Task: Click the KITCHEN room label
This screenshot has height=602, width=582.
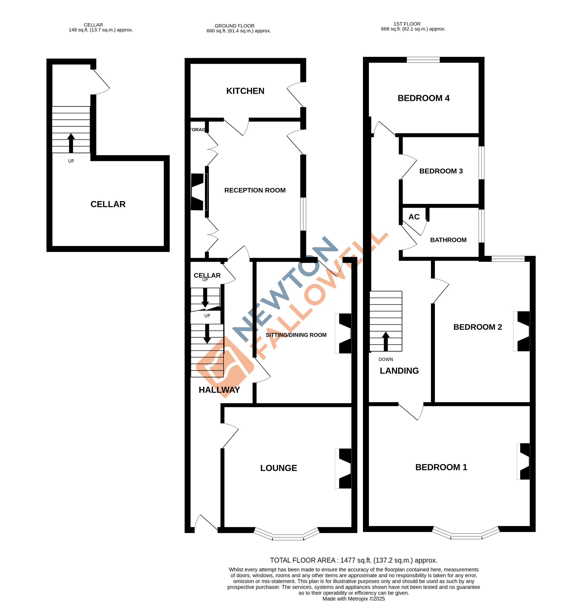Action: [x=245, y=91]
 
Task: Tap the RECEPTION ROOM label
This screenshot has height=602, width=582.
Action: [x=255, y=190]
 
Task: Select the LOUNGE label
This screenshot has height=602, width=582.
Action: [x=278, y=468]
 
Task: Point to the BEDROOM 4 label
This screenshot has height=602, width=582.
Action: [x=423, y=98]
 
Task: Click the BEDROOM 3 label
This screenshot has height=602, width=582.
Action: [x=441, y=171]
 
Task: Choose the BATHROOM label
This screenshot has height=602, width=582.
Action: [x=448, y=240]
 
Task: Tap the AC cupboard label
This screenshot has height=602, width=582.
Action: [x=414, y=217]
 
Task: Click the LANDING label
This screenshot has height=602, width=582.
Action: [x=399, y=371]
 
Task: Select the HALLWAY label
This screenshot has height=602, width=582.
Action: [x=219, y=390]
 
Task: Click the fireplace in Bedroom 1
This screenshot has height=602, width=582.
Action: [x=524, y=461]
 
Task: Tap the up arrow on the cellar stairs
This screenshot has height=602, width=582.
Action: [x=71, y=143]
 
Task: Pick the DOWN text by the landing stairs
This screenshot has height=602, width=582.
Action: [x=386, y=359]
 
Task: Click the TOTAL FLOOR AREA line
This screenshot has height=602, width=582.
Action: [x=353, y=560]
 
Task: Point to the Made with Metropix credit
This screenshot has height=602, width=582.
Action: [x=353, y=599]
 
